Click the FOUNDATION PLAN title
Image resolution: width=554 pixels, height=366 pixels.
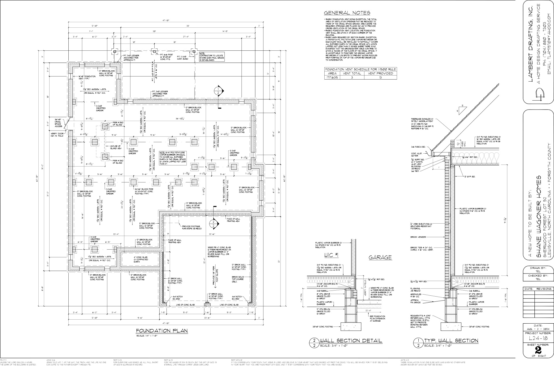162,331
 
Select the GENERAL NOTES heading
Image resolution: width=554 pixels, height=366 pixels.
347,13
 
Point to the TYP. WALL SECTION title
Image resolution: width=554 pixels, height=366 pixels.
451,341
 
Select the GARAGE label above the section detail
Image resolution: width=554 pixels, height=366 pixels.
380,258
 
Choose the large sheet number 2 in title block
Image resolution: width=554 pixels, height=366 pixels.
538,350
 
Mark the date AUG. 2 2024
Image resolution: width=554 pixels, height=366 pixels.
538,329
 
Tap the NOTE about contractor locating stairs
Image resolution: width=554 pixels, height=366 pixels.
212,56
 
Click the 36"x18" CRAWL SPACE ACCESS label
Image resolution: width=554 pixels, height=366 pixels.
59,123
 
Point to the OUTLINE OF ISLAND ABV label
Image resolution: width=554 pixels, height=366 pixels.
115,148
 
